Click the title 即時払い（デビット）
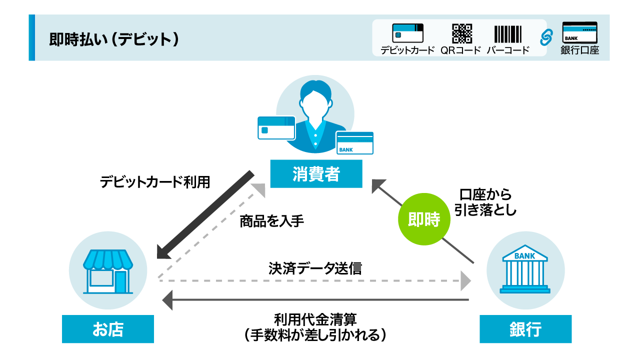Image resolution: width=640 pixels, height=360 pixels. click(114, 39)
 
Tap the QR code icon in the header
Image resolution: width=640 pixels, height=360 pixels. click(461, 33)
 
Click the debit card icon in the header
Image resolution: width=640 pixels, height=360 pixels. click(407, 33)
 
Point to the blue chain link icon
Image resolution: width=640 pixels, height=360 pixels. click(546, 36)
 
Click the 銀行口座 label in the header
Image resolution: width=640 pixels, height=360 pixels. click(579, 50)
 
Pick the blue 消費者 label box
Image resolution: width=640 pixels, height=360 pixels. click(316, 174)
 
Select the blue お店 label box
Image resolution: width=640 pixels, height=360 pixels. click(108, 329)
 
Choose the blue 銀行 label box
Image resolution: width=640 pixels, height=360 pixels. click(525, 329)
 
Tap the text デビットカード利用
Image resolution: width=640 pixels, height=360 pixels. click(155, 181)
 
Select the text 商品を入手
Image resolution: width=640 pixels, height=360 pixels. click(272, 221)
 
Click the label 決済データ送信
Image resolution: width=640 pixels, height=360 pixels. click(315, 268)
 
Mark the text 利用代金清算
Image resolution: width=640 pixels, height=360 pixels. click(315, 318)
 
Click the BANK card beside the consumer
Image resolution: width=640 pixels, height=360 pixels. click(354, 143)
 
